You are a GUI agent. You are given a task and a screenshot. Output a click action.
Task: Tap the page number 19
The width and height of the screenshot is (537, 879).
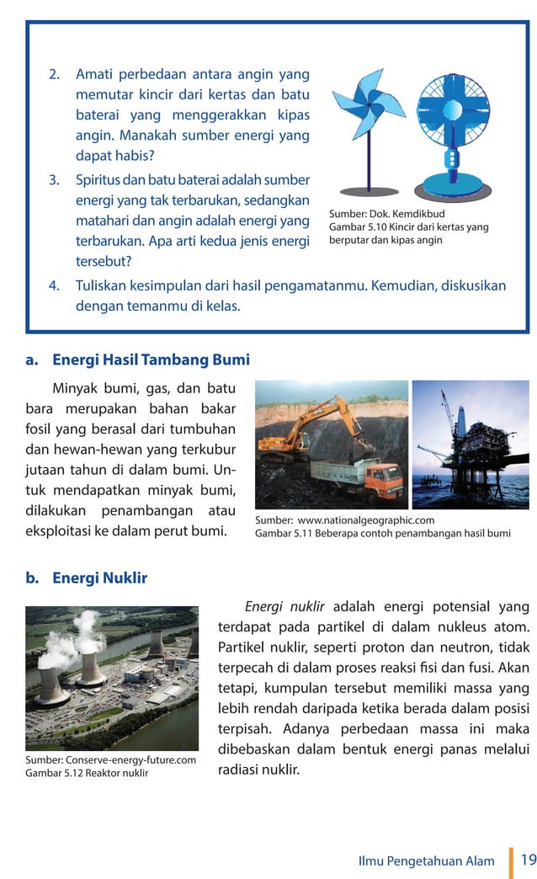coord(528,860)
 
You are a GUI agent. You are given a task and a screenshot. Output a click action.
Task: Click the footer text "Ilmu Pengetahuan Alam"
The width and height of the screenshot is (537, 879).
coord(429,860)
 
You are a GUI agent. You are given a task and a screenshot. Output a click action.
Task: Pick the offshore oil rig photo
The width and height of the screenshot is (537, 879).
coord(471,445)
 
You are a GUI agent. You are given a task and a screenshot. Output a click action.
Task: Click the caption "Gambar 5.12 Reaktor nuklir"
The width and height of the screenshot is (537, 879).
coord(87,773)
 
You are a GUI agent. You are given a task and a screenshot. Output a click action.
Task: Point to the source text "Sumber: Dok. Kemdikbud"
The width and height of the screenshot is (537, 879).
coord(386,213)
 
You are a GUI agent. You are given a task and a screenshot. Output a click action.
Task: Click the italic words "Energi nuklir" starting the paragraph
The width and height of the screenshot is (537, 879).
coord(284,606)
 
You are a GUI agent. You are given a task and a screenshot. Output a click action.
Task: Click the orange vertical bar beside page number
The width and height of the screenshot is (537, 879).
coord(511,861)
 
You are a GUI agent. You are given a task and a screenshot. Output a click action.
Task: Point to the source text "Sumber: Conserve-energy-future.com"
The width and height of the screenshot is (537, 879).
coord(110,760)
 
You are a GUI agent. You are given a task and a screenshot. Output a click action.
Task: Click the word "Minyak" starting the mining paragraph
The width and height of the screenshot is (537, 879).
coord(76,389)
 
